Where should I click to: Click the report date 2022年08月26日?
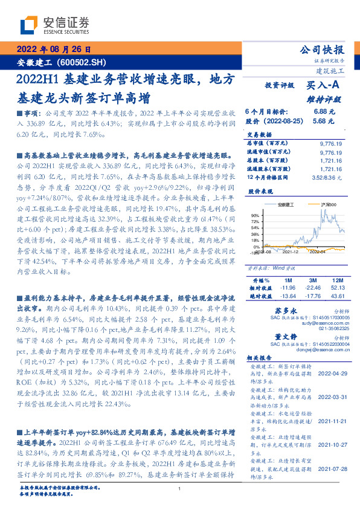tap(53, 50)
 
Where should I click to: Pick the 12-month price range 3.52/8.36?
tap(328, 178)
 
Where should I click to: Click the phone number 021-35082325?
tap(326, 328)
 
